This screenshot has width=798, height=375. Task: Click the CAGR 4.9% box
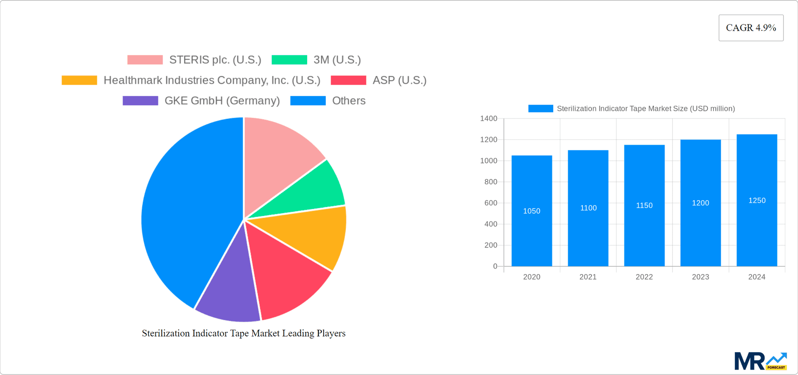pos(751,28)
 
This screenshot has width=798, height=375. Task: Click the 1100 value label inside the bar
pos(588,208)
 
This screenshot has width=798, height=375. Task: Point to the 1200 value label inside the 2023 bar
pos(700,203)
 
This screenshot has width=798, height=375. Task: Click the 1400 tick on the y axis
pos(488,119)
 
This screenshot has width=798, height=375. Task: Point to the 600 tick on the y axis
pos(490,203)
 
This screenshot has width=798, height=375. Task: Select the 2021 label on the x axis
pos(588,277)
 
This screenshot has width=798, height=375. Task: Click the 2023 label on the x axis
pos(700,277)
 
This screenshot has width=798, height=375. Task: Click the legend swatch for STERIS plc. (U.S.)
pos(145,60)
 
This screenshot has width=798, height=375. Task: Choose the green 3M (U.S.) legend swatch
pos(289,60)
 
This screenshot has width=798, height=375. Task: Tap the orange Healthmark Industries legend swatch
pos(79,80)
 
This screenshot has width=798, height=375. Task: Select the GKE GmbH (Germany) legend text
pos(222,101)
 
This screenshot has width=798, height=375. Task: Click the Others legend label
pos(349,101)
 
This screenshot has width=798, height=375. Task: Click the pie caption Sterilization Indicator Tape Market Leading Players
pos(244,333)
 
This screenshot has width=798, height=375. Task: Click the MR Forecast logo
pos(760,361)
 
